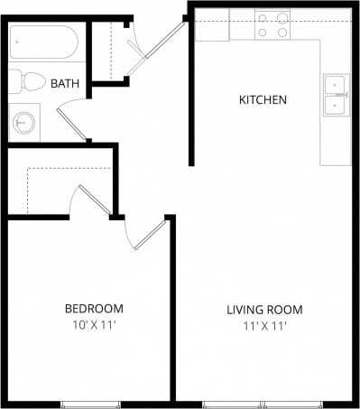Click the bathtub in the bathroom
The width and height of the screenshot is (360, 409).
[x=46, y=42]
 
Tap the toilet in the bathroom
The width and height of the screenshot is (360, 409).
[x=31, y=82]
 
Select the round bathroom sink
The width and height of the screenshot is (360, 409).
[x=24, y=121]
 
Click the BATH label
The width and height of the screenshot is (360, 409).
[x=65, y=84]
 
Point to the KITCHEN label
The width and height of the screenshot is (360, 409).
[x=262, y=99]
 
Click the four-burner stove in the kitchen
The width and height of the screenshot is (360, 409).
[x=273, y=25]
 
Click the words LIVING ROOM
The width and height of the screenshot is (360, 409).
[x=264, y=310]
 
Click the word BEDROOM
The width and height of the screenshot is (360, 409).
[x=94, y=309]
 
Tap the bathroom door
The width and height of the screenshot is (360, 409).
[x=72, y=123]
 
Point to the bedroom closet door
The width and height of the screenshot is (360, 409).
[x=95, y=200]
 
